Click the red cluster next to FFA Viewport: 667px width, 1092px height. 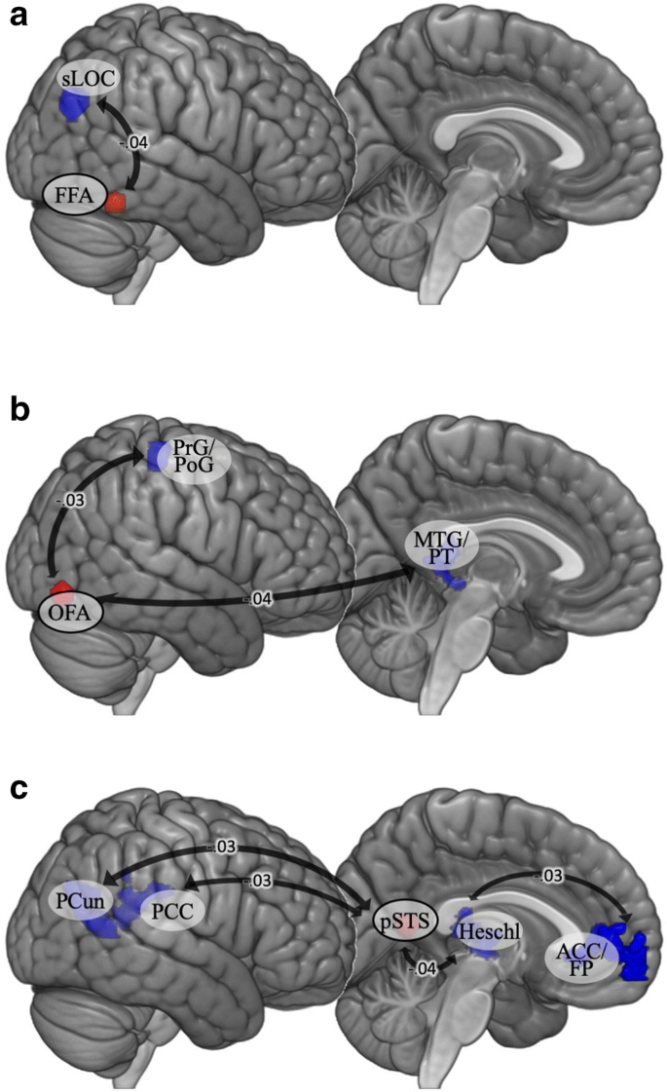117,203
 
